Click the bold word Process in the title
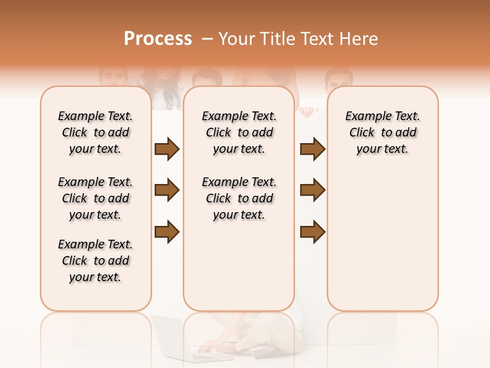click(158, 39)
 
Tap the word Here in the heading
click(357, 39)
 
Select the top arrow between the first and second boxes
click(167, 149)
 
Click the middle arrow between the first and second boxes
click(167, 191)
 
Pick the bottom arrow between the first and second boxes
click(167, 232)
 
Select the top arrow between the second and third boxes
click(312, 149)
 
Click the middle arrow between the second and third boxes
click(312, 191)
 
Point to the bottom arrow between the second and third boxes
click(312, 232)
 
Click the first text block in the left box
click(95, 132)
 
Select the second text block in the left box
click(95, 198)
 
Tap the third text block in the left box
click(95, 261)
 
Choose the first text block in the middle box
click(239, 132)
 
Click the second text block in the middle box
click(239, 198)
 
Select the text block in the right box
click(382, 132)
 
